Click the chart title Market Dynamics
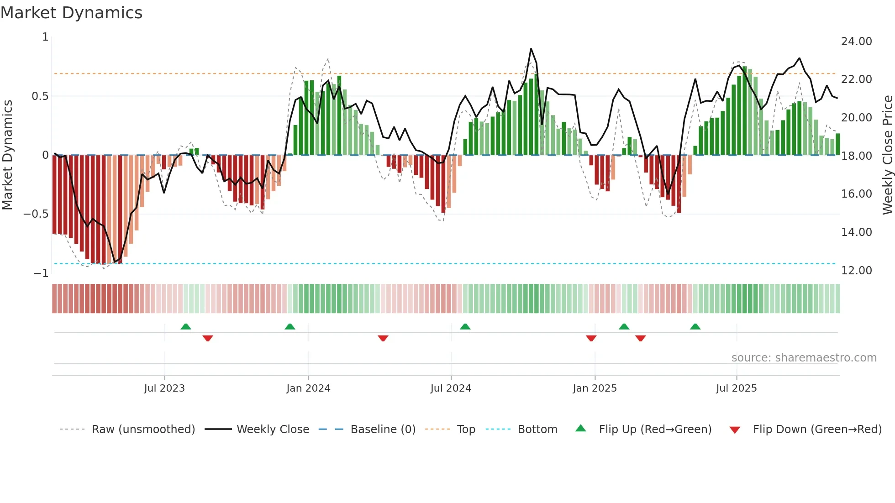pos(71,13)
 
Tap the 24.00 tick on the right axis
pos(856,42)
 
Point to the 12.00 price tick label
pos(856,271)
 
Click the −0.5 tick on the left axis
pos(36,214)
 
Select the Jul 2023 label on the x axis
pos(164,388)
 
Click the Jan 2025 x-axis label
pos(595,388)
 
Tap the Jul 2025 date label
pos(736,388)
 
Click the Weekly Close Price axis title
pos(887,155)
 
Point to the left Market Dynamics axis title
pos(7,155)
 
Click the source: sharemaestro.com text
pos(804,358)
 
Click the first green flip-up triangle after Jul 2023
pos(186,327)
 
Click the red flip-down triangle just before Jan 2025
pos(591,338)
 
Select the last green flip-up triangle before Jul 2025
pos(695,327)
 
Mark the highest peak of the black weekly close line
pos(531,49)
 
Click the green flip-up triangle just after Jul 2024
pos(465,327)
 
